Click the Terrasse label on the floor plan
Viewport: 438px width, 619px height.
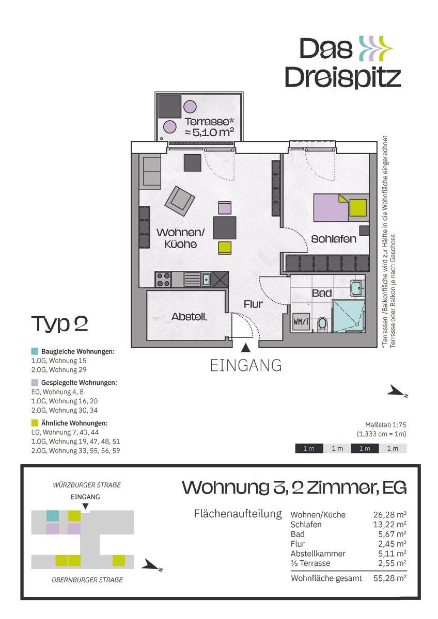click(210, 122)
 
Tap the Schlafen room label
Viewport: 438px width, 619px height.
click(334, 239)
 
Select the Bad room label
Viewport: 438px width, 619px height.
click(321, 293)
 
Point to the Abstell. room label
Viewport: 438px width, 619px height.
click(189, 317)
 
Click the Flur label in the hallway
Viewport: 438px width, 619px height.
click(253, 304)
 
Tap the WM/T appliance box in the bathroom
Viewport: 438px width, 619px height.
click(301, 322)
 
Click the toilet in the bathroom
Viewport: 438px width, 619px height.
click(322, 324)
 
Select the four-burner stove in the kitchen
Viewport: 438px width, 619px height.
click(163, 280)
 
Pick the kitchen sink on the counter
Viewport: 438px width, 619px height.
click(206, 280)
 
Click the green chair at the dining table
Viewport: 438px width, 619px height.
click(225, 248)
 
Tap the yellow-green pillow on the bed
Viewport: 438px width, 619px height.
click(358, 207)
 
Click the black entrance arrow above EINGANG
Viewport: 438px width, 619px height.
click(245, 349)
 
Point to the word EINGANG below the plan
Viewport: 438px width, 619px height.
click(246, 365)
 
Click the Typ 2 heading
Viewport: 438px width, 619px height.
click(60, 323)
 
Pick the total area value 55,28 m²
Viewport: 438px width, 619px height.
click(389, 578)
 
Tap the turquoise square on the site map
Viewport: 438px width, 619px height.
click(53, 516)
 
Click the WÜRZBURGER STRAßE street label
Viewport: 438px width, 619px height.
click(87, 485)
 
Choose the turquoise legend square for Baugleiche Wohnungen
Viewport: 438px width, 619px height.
click(35, 351)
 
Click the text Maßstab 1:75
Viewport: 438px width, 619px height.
click(385, 425)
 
